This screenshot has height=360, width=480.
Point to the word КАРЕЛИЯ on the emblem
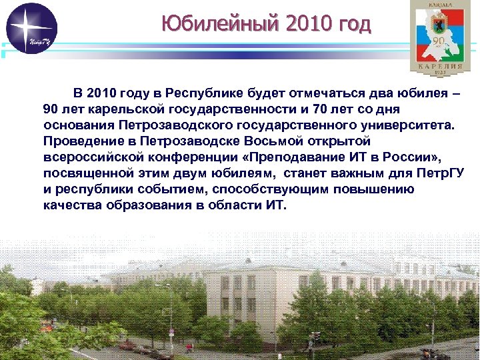point(438,67)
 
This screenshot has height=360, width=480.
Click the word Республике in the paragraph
point(203,93)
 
